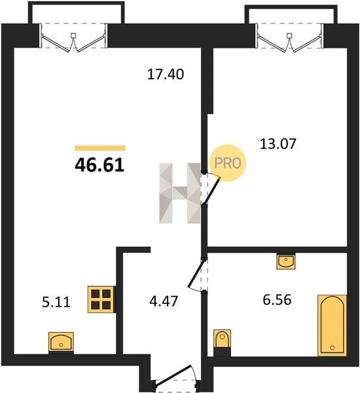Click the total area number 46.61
pyautogui.click(x=99, y=166)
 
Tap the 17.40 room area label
pyautogui.click(x=166, y=74)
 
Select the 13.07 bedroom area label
pyautogui.click(x=278, y=144)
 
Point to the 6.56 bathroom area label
pyautogui.click(x=277, y=300)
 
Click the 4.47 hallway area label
pyautogui.click(x=164, y=301)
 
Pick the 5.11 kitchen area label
pyautogui.click(x=56, y=302)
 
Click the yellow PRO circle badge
pyautogui.click(x=228, y=163)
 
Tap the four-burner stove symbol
pyautogui.click(x=101, y=299)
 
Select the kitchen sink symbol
pyautogui.click(x=61, y=343)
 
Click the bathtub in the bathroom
pyautogui.click(x=333, y=326)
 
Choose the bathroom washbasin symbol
pyautogui.click(x=286, y=261)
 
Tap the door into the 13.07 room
pyautogui.click(x=210, y=189)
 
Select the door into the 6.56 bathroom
pyautogui.click(x=198, y=274)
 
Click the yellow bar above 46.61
pyautogui.click(x=100, y=148)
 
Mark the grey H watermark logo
pyautogui.click(x=180, y=193)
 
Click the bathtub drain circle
pyautogui.click(x=333, y=348)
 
